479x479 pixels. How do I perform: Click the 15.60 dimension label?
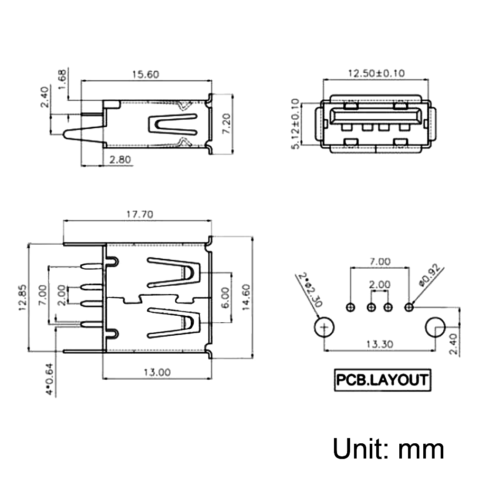(x=145, y=74)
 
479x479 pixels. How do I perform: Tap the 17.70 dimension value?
(x=140, y=214)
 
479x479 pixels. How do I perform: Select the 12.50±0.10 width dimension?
(x=376, y=73)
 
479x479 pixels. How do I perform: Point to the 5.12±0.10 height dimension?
(x=295, y=124)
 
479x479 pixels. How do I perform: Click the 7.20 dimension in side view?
(x=226, y=123)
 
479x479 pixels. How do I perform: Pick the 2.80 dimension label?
(x=120, y=159)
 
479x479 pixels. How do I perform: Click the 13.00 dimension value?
(x=157, y=372)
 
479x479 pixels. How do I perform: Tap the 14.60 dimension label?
(x=246, y=297)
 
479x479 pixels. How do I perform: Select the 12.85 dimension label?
(x=23, y=298)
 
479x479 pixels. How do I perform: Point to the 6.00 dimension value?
(x=225, y=298)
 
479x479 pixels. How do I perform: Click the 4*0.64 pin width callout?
(x=49, y=379)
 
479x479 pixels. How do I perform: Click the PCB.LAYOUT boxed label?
(x=382, y=380)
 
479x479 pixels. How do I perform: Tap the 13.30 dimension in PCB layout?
(x=379, y=344)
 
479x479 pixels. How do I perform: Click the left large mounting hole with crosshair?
(x=324, y=327)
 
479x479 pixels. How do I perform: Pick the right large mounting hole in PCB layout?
(x=435, y=327)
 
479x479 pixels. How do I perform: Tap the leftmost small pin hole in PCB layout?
(x=351, y=307)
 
